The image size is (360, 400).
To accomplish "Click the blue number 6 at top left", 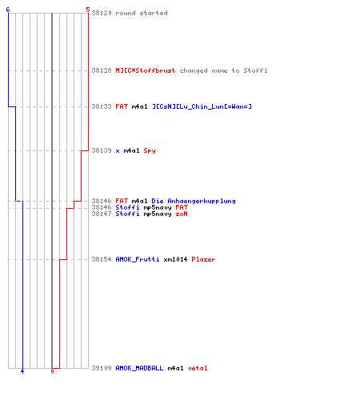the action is point(8,10).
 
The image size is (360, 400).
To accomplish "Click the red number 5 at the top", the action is point(88,10).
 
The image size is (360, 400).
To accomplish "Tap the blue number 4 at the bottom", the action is point(22,371).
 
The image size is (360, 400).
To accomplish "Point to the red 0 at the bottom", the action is point(52,371).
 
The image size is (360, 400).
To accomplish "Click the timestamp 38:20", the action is point(102,13).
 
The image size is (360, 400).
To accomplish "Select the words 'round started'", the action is point(142,13).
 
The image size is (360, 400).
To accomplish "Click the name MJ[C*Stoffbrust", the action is point(146,70).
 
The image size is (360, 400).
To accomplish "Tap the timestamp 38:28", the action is point(102,70).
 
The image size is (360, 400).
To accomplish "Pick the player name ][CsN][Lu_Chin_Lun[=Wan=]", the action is point(202,106).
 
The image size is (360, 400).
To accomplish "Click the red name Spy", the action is point(150,150).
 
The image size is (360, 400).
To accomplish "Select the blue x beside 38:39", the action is point(118,151).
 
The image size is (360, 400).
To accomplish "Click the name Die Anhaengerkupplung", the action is point(194,201).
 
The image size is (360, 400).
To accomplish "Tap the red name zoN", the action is point(182,214).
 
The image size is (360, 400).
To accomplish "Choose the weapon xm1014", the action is point(175,259).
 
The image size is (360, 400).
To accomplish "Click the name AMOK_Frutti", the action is point(138,259).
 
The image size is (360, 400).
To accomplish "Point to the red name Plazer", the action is point(203,259).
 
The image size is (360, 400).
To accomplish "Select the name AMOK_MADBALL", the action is point(139,368).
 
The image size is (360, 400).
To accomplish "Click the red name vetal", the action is point(198,368).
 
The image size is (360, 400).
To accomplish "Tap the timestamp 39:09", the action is point(102,368).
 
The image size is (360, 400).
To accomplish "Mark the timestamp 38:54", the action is point(102,259).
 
